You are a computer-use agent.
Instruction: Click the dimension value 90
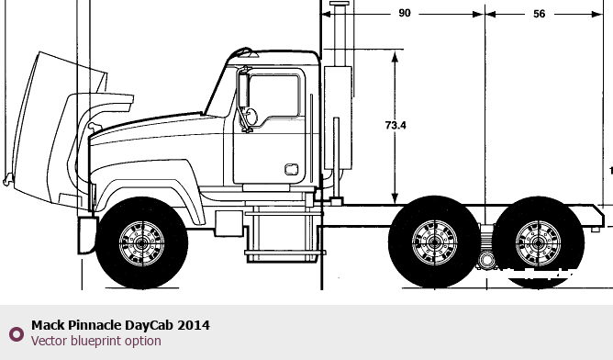pos(405,13)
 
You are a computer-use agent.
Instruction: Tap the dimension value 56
pos(539,14)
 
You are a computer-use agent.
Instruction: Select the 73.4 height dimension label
pos(396,125)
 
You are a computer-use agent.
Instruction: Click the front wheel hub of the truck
pos(141,243)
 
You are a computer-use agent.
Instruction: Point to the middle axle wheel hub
pos(434,242)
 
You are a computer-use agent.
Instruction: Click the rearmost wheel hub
pos(538,243)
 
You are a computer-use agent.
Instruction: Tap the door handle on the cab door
pos(292,169)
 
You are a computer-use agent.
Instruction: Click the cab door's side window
pos(273,96)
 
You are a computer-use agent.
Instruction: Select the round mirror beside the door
pos(251,117)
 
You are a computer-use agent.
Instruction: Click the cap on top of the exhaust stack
pos(340,4)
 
